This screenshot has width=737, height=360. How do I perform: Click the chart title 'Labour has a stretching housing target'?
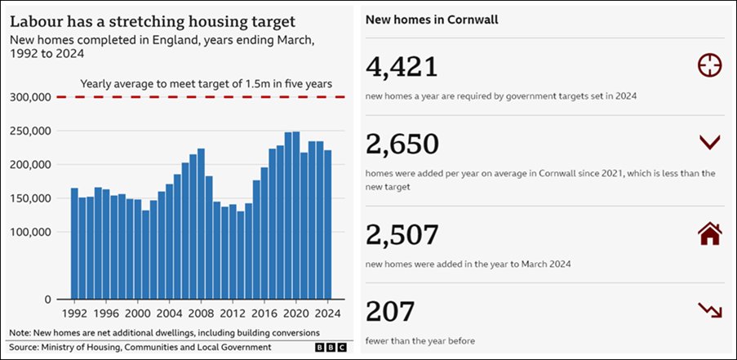click(x=153, y=20)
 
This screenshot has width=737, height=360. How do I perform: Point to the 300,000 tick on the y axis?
click(x=33, y=97)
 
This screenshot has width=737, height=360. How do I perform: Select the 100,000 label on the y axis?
click(x=33, y=232)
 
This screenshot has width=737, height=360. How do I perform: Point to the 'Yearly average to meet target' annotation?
click(x=205, y=83)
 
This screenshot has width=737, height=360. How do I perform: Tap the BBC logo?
click(x=331, y=348)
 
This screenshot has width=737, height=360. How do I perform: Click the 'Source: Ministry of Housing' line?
click(x=140, y=348)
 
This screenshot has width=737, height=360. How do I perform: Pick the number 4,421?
click(x=402, y=67)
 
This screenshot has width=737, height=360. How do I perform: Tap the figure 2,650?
click(x=402, y=144)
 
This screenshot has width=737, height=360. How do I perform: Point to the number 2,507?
click(x=402, y=234)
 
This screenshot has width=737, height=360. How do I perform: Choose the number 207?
click(x=390, y=311)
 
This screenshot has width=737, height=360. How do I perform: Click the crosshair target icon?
click(x=710, y=65)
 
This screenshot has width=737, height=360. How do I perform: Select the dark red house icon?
click(x=710, y=234)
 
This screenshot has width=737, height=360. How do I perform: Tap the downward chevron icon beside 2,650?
click(x=710, y=143)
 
